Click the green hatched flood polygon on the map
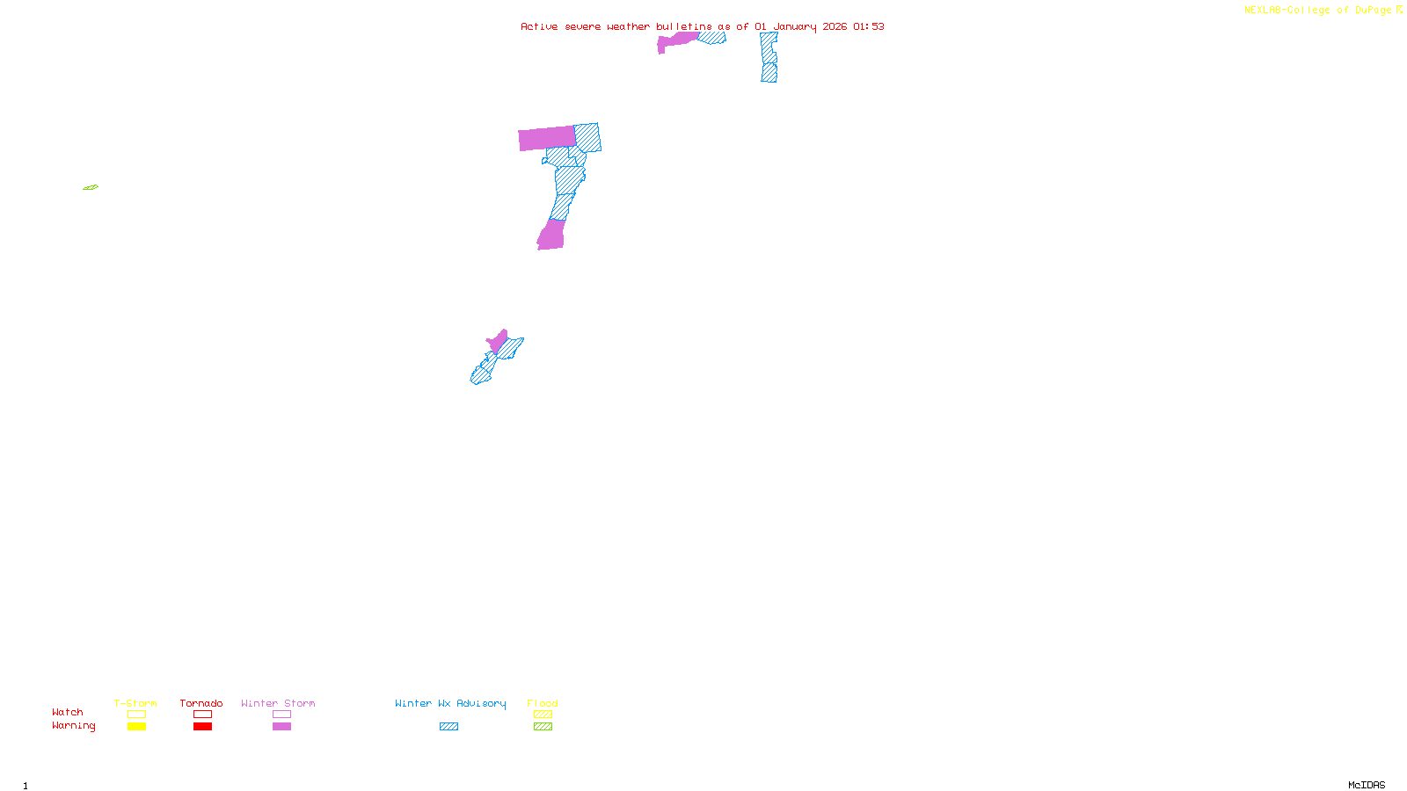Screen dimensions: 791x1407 coord(91,187)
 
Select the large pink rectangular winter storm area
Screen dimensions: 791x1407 coord(547,139)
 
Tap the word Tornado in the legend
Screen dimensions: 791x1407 coord(201,703)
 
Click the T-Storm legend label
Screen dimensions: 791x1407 coord(135,703)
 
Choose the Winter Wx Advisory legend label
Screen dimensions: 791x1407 coord(450,703)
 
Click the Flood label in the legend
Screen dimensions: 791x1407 coord(543,703)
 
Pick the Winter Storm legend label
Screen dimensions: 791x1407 coord(278,703)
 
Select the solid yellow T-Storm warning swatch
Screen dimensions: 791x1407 coord(136,727)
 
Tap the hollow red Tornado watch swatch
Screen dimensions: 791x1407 coord(202,715)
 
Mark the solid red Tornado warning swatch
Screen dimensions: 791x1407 coord(202,727)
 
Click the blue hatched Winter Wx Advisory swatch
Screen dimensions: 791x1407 coord(448,727)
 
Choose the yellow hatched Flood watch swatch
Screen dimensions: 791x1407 coord(543,715)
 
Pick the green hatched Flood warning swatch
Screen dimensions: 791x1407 coord(543,727)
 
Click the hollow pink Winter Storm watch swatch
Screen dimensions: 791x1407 coord(281,715)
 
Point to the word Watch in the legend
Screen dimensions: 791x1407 coord(68,712)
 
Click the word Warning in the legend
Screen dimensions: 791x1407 coord(73,726)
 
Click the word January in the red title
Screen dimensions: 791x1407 coord(795,26)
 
